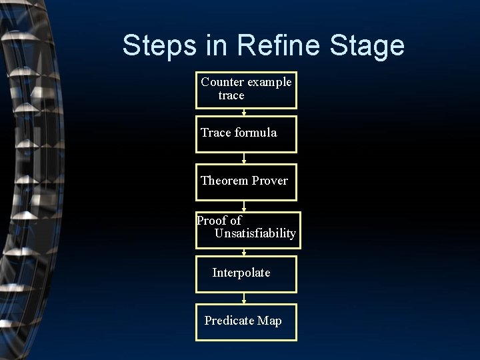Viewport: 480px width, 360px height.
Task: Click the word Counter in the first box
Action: click(223, 82)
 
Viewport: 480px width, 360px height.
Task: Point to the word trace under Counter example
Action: click(231, 95)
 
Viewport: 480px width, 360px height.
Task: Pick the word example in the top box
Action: click(269, 82)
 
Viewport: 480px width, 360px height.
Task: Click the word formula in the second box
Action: click(255, 132)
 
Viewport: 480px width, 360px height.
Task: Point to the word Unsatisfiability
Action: click(255, 233)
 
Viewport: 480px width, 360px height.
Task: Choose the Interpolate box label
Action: click(241, 273)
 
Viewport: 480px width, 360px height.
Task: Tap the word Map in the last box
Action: click(269, 321)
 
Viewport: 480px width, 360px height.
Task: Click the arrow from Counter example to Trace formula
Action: click(244, 112)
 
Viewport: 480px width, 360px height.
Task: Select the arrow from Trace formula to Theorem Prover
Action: click(244, 159)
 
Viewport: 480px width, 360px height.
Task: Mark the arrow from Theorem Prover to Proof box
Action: click(244, 206)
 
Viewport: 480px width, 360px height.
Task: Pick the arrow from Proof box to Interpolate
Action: click(244, 253)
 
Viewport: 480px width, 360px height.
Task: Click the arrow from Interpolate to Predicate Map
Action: click(244, 299)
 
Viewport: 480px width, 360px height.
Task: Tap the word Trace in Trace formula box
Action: click(215, 132)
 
